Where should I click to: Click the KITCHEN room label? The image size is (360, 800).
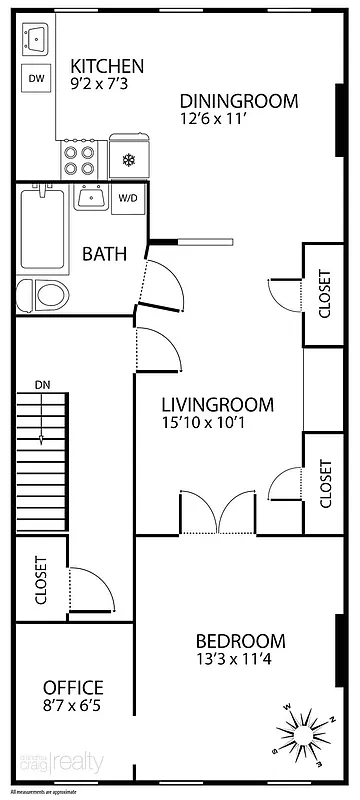(x=107, y=66)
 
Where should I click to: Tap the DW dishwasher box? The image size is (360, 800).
(x=36, y=78)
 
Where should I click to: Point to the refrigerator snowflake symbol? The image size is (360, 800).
(x=128, y=159)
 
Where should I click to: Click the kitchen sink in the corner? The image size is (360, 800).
(x=36, y=40)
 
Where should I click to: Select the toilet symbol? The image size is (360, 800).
(x=49, y=295)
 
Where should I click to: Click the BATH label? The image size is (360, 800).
(x=104, y=253)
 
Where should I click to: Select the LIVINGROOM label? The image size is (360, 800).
(x=218, y=405)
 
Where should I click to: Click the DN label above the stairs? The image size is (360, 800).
(x=42, y=384)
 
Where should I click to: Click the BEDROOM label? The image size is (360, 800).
(x=240, y=641)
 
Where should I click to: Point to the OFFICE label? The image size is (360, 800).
(x=73, y=687)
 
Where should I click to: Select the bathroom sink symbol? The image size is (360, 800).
(x=92, y=197)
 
